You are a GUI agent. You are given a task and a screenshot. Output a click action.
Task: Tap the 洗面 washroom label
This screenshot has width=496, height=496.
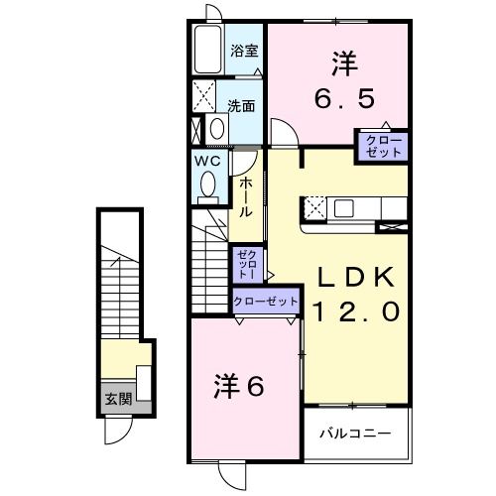[x=241, y=105]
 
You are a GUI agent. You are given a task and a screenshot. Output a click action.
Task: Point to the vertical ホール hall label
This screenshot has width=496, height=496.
[x=244, y=195]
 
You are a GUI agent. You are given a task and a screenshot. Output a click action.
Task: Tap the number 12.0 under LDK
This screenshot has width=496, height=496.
[x=358, y=311]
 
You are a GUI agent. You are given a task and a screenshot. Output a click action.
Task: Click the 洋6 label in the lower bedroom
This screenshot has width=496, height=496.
[x=239, y=386]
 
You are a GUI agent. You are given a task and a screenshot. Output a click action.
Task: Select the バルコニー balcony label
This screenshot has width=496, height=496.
[x=354, y=434]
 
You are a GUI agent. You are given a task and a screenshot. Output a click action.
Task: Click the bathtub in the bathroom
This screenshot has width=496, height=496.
[x=208, y=49]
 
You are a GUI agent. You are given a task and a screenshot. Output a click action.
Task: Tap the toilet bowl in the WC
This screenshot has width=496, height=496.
[x=208, y=185]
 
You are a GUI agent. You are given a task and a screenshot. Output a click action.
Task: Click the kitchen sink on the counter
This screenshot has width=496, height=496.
[x=343, y=208]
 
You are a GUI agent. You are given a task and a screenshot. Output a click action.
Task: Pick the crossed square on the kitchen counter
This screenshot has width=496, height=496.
[x=315, y=208]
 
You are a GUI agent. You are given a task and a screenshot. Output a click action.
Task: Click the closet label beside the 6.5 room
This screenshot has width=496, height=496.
[x=382, y=146]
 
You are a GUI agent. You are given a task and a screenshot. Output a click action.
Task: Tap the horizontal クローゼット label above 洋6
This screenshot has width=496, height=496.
[x=266, y=301]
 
